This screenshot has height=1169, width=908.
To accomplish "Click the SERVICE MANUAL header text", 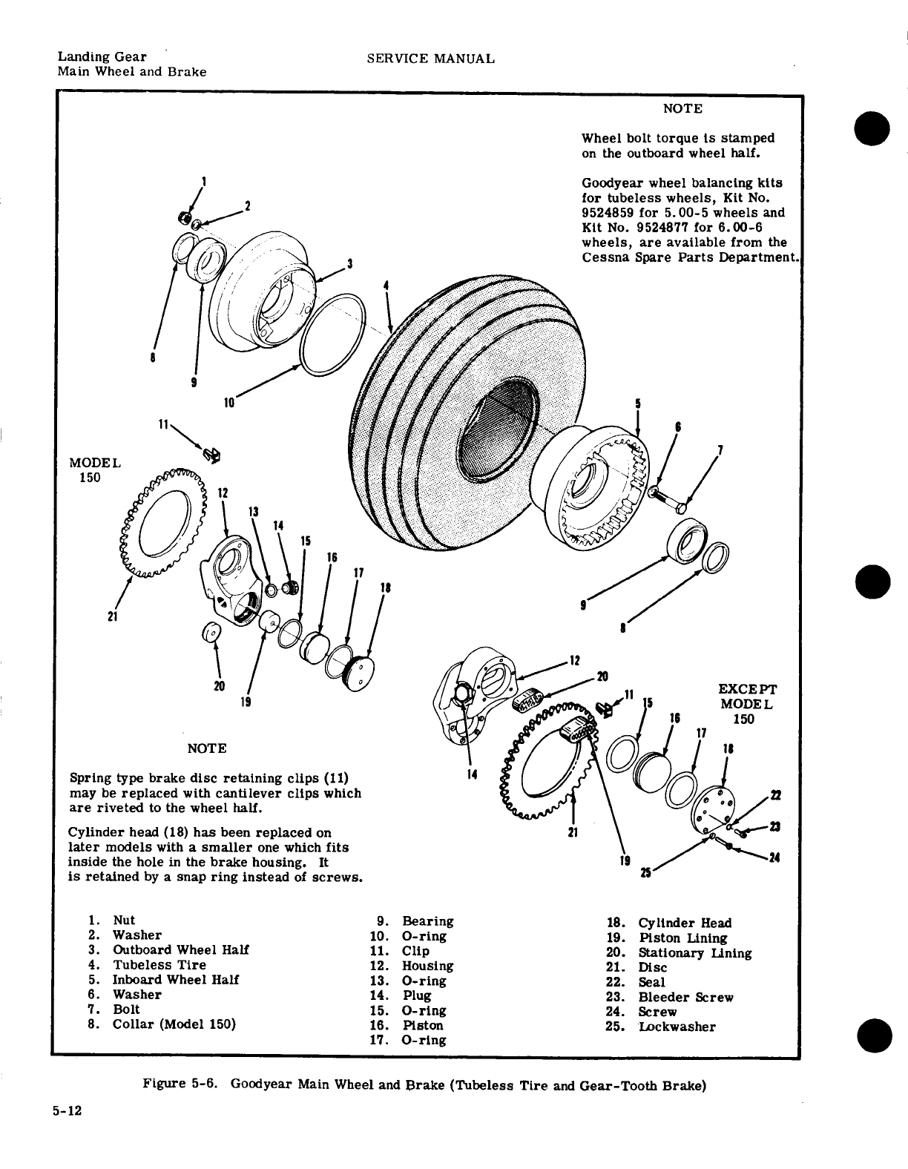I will [431, 59].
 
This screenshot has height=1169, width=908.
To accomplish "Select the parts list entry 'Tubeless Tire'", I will [159, 965].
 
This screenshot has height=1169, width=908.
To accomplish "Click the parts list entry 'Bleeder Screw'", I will [685, 998].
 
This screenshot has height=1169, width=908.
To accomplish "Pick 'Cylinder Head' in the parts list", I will [684, 923].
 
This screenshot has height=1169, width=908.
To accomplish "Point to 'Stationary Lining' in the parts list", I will [694, 953].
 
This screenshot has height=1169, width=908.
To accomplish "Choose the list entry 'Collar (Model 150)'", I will [174, 1024].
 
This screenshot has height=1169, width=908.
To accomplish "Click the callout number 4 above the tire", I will [386, 285].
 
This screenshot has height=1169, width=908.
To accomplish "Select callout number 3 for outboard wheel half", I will [349, 263].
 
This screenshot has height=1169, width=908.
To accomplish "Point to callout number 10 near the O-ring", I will [229, 403].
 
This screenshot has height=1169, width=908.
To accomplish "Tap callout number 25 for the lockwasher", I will [645, 872].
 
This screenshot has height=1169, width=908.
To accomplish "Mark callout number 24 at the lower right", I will [774, 859].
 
